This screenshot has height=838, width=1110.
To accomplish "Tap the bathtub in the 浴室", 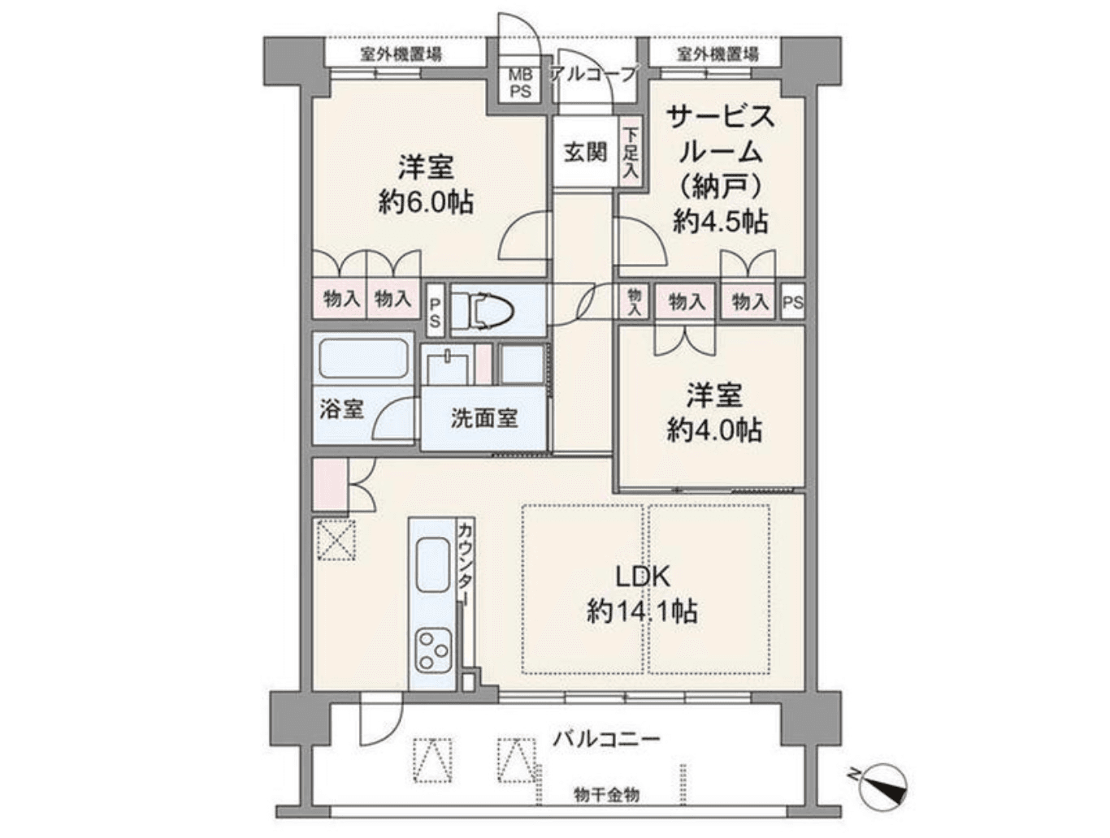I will click(x=362, y=358).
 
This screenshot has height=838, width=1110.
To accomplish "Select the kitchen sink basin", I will click(x=433, y=567).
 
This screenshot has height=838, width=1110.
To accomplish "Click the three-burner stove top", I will click(x=432, y=650).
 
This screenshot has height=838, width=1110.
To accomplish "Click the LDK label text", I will click(x=642, y=577).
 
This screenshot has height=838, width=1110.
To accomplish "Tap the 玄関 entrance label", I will click(x=585, y=152).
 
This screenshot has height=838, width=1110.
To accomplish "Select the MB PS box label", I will click(x=520, y=84).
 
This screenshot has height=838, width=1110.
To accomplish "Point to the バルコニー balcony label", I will click(x=607, y=739).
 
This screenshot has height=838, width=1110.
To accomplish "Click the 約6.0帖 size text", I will click(x=426, y=201).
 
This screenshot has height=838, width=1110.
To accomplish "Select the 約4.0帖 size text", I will click(x=714, y=430).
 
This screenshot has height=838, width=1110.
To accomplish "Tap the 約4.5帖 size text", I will click(x=720, y=221).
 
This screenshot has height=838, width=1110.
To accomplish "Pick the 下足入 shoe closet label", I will click(x=631, y=154).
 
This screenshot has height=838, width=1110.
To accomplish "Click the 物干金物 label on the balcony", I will click(x=606, y=794).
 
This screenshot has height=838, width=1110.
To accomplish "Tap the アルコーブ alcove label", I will click(x=594, y=74).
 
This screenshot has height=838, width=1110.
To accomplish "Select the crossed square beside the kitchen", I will click(x=335, y=539).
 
